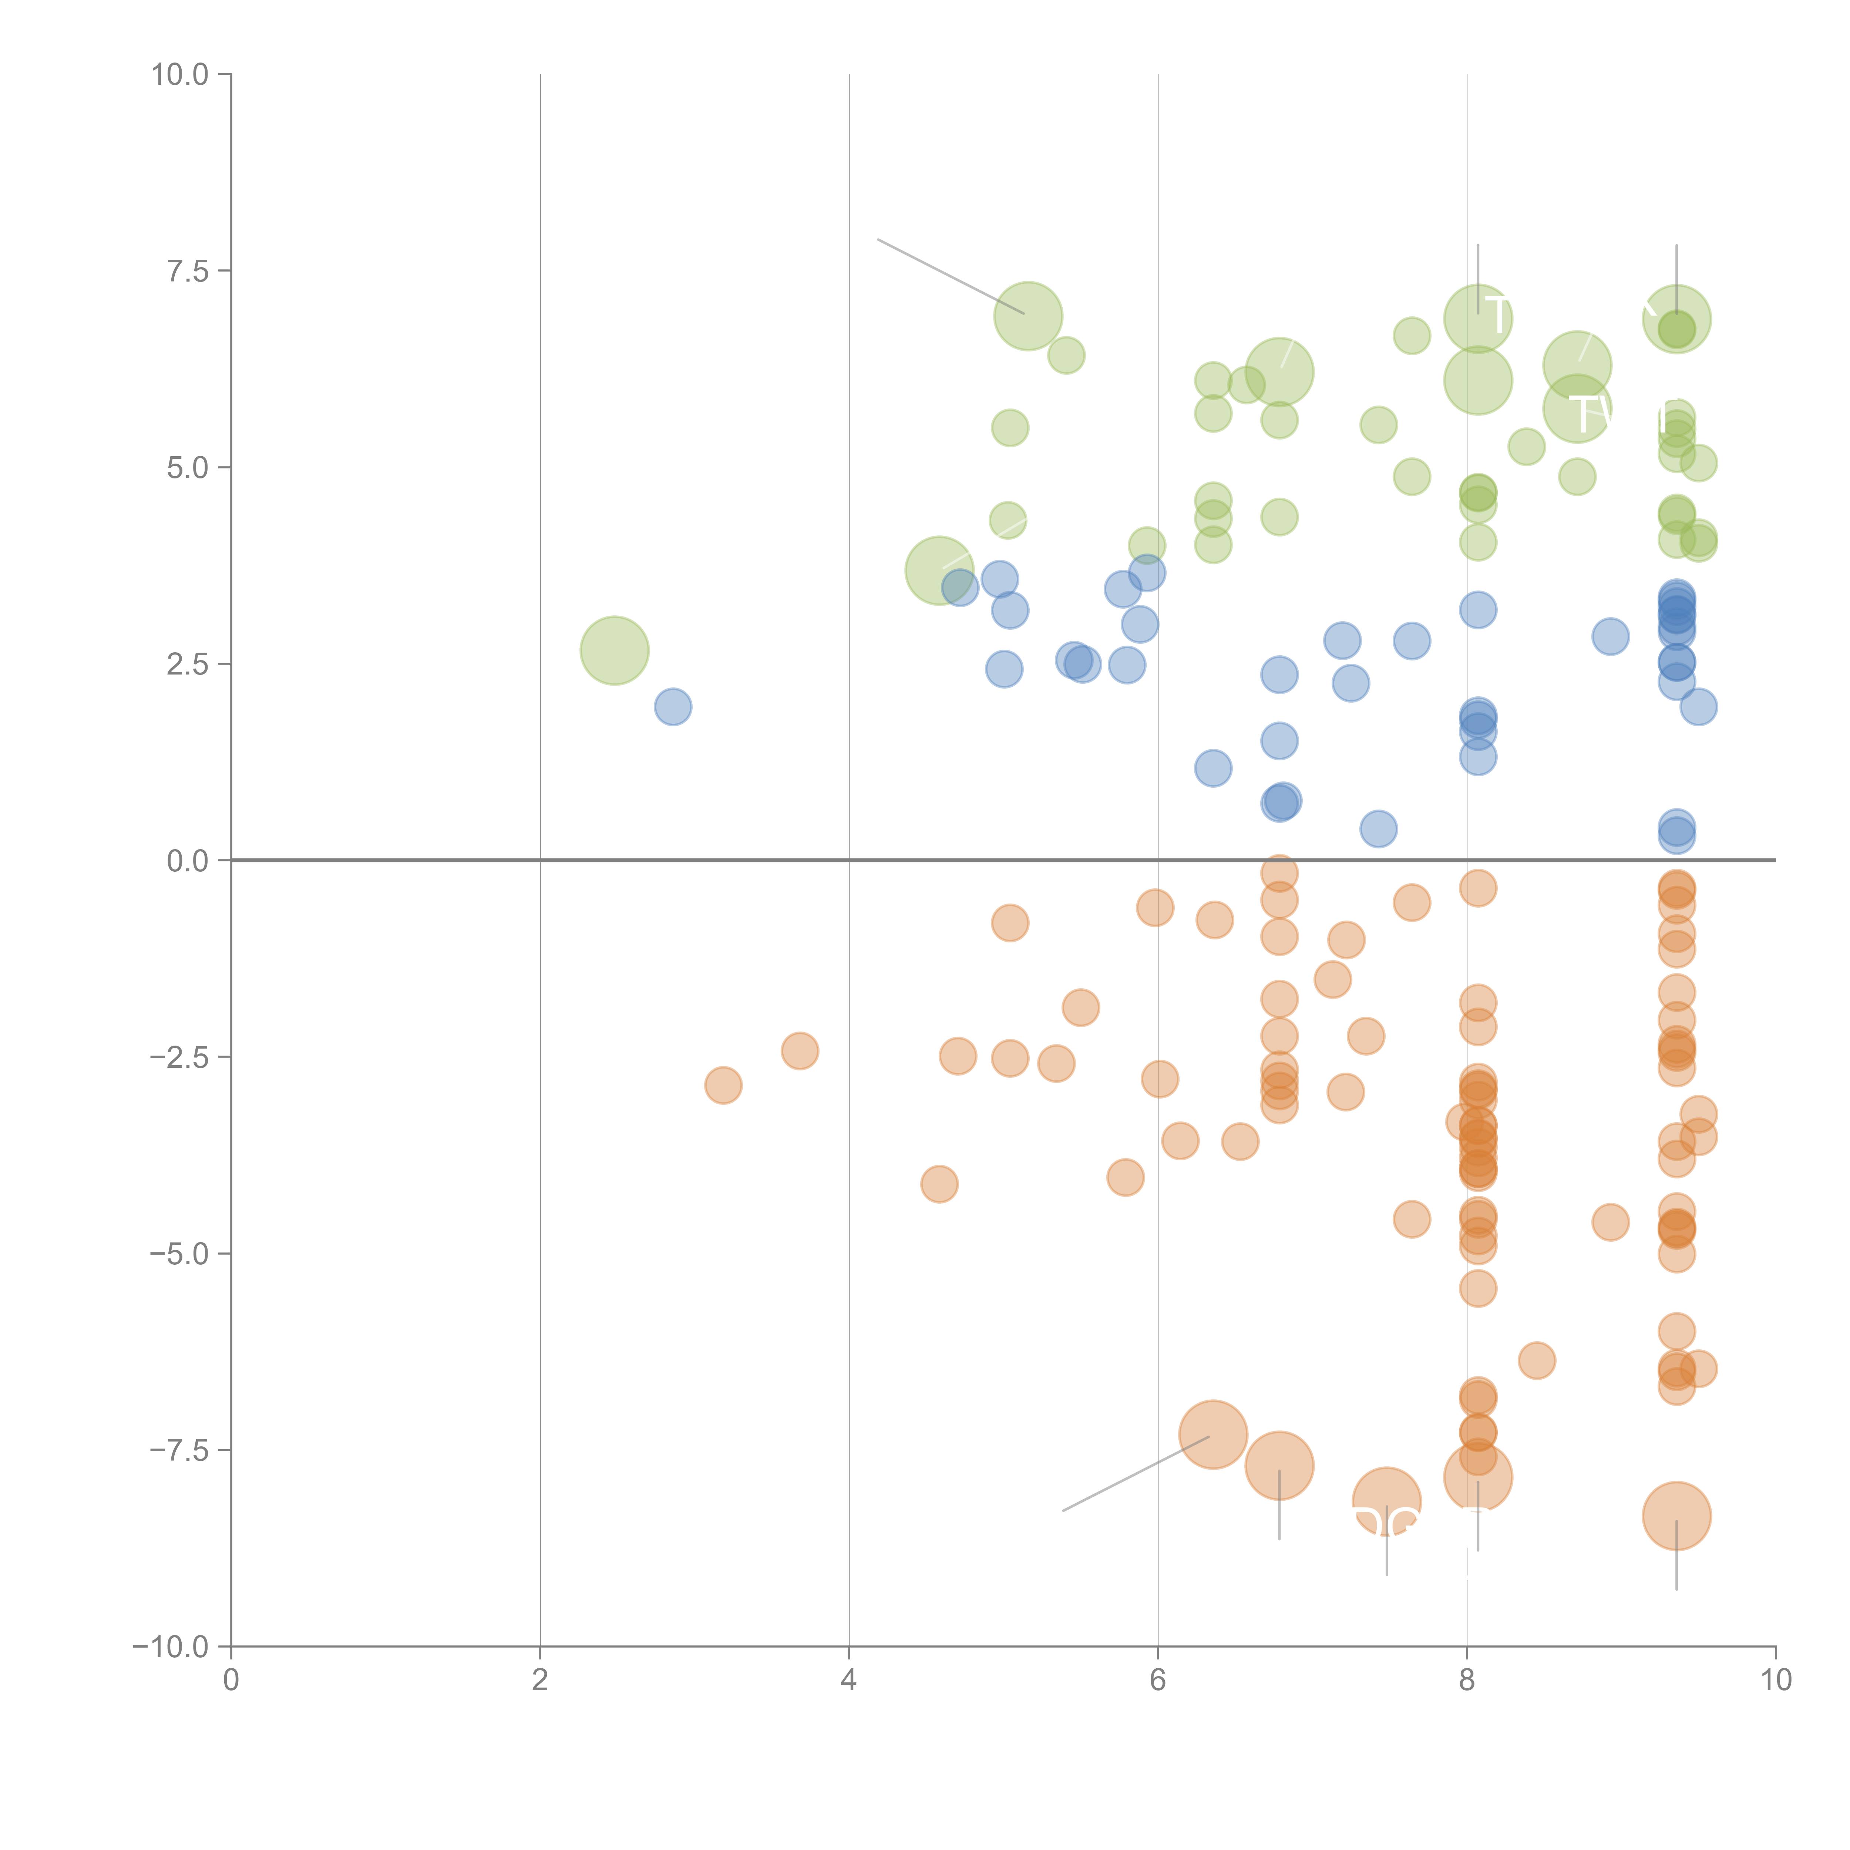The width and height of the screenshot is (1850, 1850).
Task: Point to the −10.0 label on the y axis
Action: coord(171,1647)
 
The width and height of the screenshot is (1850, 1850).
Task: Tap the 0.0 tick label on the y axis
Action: coord(188,861)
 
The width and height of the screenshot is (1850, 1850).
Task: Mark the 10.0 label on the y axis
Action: coord(180,75)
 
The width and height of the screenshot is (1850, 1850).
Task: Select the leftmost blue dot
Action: coord(673,707)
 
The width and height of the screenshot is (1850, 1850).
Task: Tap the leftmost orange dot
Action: coord(723,1085)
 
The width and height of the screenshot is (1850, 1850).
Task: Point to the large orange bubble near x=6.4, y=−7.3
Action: coord(1213,1433)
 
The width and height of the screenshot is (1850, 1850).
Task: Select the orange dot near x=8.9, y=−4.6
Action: coord(1611,1222)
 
